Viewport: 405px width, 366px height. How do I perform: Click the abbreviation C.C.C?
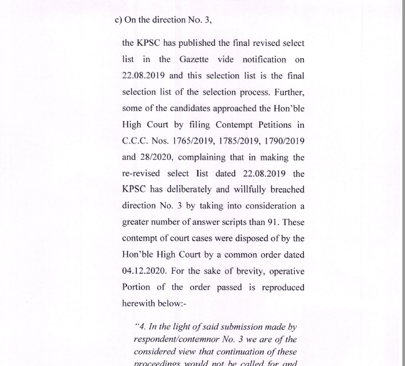point(137,141)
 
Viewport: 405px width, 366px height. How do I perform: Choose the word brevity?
point(238,271)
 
